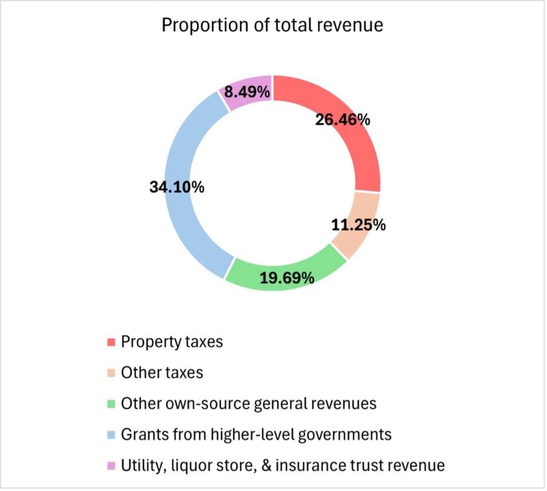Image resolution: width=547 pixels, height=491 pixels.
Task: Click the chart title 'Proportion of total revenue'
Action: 272,26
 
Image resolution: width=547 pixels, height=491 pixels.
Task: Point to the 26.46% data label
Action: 343,120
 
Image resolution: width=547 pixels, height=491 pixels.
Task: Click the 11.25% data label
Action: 358,225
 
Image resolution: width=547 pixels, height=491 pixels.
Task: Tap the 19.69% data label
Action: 286,277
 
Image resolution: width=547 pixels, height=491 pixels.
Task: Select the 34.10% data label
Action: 176,186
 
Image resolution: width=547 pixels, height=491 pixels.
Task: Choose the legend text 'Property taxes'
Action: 172,341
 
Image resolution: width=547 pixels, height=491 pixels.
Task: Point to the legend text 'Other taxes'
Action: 161,373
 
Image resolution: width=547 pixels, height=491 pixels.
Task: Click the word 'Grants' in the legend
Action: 144,434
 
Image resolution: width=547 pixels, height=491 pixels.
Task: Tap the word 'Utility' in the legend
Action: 141,466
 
